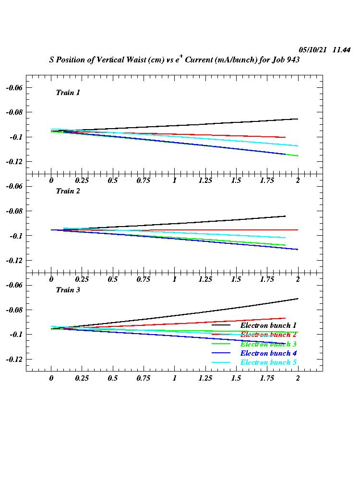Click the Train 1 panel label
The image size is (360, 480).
68,93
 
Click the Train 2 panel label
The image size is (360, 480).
68,191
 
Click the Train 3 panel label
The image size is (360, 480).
68,290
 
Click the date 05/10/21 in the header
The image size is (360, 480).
313,50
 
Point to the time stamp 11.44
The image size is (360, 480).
341,50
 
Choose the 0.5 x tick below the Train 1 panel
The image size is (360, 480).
113,180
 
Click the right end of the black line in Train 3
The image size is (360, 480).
298,299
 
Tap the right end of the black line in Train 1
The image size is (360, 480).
298,119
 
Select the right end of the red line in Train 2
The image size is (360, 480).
298,230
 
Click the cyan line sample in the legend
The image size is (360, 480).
221,362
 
